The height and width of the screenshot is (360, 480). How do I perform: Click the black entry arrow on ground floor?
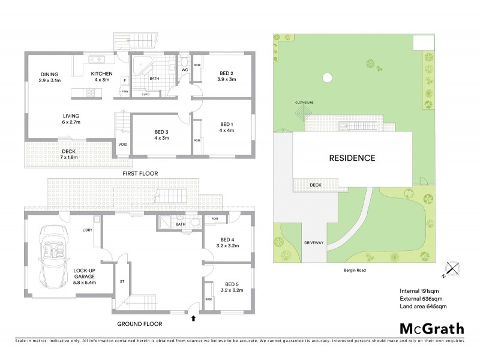[x=193, y=319]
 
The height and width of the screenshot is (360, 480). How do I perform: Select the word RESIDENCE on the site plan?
[x=352, y=158]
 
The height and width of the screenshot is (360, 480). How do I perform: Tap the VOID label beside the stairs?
[x=123, y=144]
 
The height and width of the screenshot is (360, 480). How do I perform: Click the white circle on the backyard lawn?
[x=326, y=77]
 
